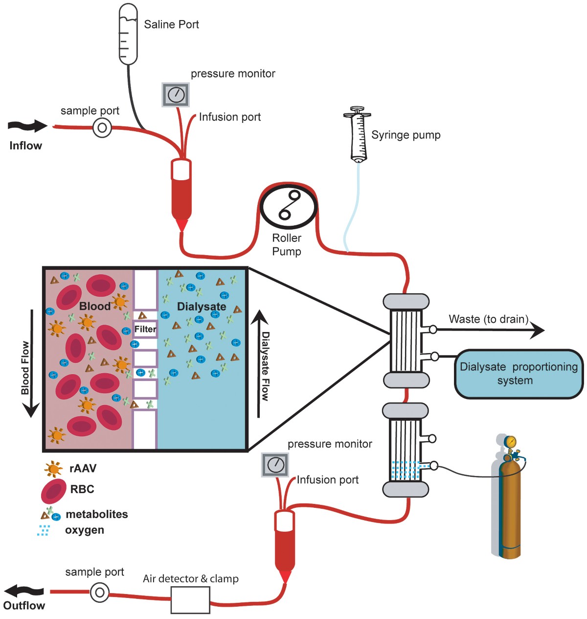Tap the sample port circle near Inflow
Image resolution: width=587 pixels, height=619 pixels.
click(102, 128)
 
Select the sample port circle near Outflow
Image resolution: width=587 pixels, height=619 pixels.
click(99, 593)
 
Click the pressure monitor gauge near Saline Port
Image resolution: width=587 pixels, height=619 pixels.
click(176, 95)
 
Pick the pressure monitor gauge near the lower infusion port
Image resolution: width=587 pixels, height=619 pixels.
click(275, 464)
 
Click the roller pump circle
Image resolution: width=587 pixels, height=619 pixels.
click(289, 207)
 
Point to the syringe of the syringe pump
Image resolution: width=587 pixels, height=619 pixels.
click(358, 135)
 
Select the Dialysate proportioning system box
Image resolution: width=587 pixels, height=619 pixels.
click(519, 374)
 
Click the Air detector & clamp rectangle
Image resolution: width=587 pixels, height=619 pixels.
click(190, 600)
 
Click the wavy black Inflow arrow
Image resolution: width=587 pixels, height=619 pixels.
click(27, 126)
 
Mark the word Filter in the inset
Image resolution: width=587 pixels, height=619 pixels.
click(145, 329)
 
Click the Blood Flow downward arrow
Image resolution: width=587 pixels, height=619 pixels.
click(31, 362)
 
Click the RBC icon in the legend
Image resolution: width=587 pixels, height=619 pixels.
click(54, 491)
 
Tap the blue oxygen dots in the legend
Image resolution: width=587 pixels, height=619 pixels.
click(44, 530)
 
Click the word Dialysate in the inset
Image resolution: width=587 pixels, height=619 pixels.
click(202, 307)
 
